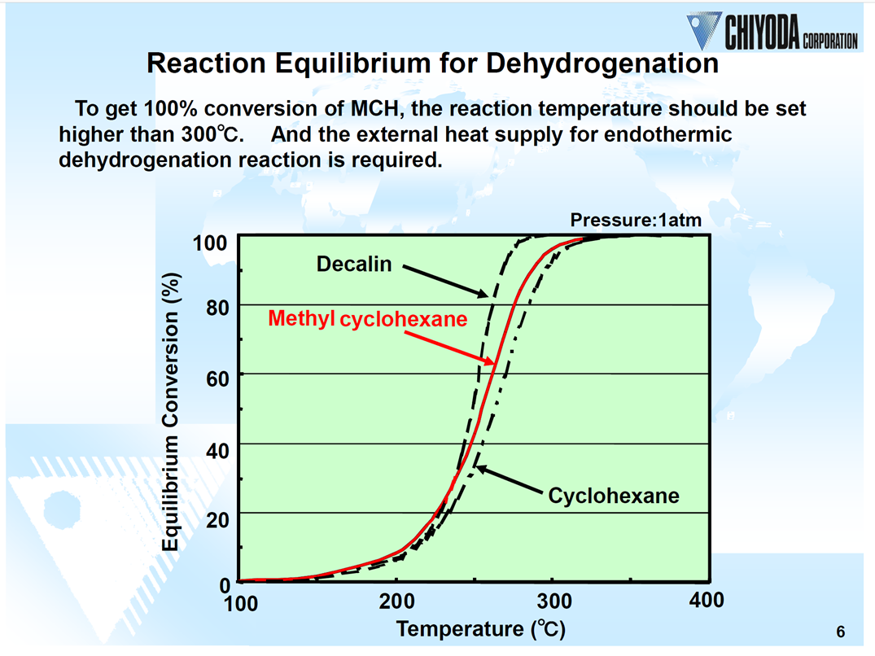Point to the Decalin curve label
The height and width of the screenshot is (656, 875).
[354, 264]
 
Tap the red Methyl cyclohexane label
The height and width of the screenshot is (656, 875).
[368, 319]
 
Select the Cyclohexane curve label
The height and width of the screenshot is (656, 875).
[614, 495]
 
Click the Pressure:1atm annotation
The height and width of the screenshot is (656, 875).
[635, 220]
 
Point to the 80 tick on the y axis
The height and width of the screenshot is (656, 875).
[216, 308]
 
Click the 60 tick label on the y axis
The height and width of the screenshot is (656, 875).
[216, 378]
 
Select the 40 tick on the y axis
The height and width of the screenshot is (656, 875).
[216, 448]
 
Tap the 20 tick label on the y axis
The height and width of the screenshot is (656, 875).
[216, 517]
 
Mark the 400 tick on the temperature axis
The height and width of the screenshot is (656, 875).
[706, 601]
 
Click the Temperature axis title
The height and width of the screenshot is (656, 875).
[480, 629]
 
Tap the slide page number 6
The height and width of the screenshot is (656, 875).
[840, 632]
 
